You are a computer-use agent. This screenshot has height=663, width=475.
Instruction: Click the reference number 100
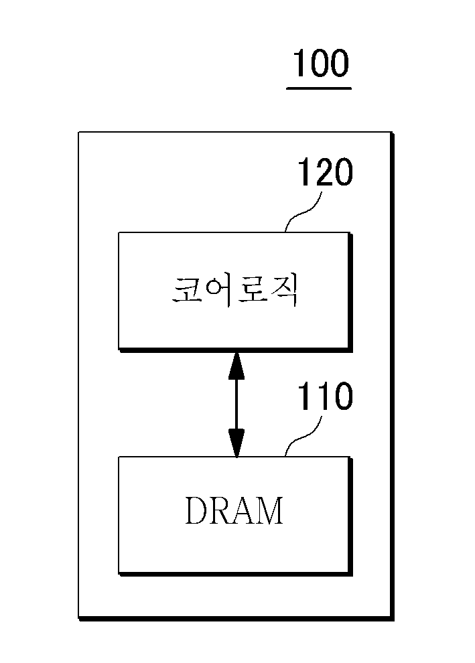click(x=321, y=63)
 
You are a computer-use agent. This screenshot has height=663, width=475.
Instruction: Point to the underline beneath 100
click(x=319, y=88)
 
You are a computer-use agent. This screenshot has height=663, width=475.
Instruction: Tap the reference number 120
click(x=326, y=172)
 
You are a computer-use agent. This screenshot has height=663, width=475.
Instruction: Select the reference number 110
click(x=326, y=396)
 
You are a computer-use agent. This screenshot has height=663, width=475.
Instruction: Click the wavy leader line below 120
click(x=303, y=212)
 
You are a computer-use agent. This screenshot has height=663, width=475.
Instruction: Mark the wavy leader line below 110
click(x=303, y=437)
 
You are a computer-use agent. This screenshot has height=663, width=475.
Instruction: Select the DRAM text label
click(x=234, y=510)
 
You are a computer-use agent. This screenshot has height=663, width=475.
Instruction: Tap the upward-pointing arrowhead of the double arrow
click(x=236, y=365)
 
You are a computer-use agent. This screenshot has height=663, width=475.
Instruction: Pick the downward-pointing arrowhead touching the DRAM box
click(x=236, y=443)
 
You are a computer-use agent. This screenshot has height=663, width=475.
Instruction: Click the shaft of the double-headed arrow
click(x=236, y=404)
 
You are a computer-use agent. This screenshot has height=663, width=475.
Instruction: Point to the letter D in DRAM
click(x=197, y=510)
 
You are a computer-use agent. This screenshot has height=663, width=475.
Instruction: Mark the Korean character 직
click(x=284, y=291)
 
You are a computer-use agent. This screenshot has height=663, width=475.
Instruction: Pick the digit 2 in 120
click(x=326, y=172)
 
